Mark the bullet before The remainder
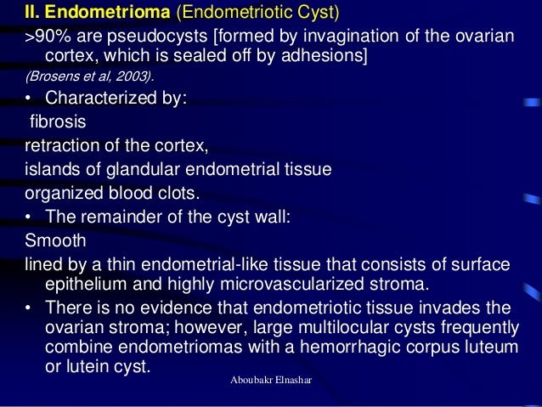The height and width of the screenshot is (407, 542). point(31,217)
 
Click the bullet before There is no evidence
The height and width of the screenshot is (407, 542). point(31,307)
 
